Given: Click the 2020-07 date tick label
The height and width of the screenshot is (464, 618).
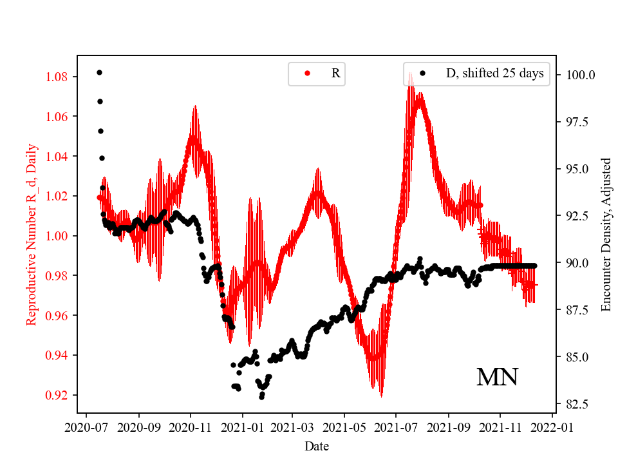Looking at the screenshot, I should click(88, 427).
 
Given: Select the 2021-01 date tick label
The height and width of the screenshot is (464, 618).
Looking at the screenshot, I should click(243, 427).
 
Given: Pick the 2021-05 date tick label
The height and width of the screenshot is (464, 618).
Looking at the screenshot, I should click(344, 427).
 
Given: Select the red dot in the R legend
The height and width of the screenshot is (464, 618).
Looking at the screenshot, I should click(307, 73).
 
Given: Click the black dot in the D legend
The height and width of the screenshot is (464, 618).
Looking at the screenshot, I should click(422, 73).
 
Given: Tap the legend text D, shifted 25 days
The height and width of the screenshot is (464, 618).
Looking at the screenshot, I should click(494, 73).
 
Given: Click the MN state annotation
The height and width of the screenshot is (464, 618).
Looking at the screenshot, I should click(497, 378).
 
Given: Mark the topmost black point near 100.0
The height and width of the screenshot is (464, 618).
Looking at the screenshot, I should click(99, 72).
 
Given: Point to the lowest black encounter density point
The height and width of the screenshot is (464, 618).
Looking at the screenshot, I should click(262, 397).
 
